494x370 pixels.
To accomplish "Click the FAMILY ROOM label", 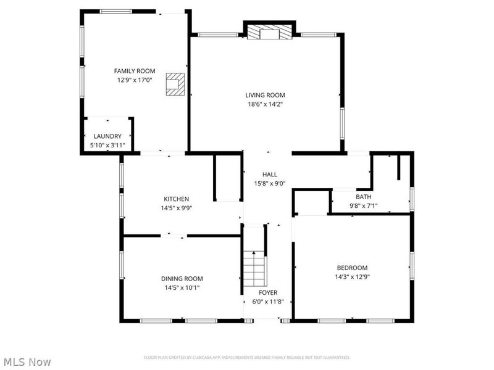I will (134, 71).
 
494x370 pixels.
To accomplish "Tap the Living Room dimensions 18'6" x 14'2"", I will (265, 104).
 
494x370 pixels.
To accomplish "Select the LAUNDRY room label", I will (107, 136).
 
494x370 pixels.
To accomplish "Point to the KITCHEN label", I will (176, 199).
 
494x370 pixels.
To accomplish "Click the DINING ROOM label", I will (182, 279).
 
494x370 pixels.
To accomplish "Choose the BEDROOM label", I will (352, 268).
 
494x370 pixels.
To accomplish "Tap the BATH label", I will (363, 197).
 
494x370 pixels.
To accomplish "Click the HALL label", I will (270, 175).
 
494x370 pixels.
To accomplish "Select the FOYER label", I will (268, 292).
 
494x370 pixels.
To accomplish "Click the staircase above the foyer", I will (253, 266).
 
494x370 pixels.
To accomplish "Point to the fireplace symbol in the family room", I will (175, 84).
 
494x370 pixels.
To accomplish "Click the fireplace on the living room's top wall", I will (270, 33).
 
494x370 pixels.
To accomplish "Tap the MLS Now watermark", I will (27, 362).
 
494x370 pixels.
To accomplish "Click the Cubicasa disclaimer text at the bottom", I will (247, 357).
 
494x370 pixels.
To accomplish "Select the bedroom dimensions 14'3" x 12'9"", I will (352, 276).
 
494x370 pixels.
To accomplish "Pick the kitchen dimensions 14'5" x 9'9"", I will (176, 208).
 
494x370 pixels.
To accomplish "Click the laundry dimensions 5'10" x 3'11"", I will (107, 146).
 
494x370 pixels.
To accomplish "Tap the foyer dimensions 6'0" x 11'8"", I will (268, 302).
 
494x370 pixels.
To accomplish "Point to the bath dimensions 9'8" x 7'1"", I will (363, 206).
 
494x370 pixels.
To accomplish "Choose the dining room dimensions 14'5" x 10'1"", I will (182, 287).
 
